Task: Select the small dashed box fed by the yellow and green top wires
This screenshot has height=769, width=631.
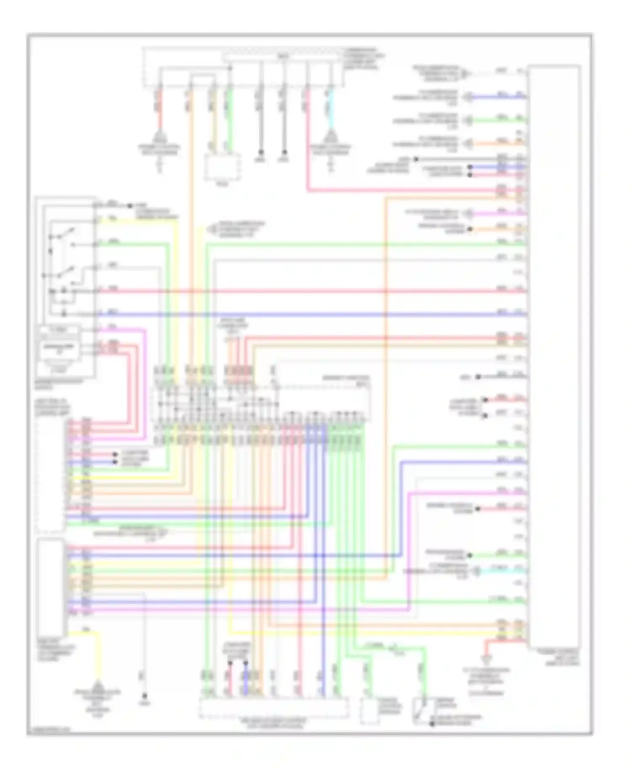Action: (223, 167)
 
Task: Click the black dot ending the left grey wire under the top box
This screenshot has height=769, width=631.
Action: (261, 152)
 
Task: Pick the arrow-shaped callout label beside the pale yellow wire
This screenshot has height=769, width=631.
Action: (213, 230)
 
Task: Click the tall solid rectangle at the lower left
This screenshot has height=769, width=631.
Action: (50, 587)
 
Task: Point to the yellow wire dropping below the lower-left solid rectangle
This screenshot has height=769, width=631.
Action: (99, 656)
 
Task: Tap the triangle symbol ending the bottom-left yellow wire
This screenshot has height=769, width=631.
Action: (98, 685)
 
